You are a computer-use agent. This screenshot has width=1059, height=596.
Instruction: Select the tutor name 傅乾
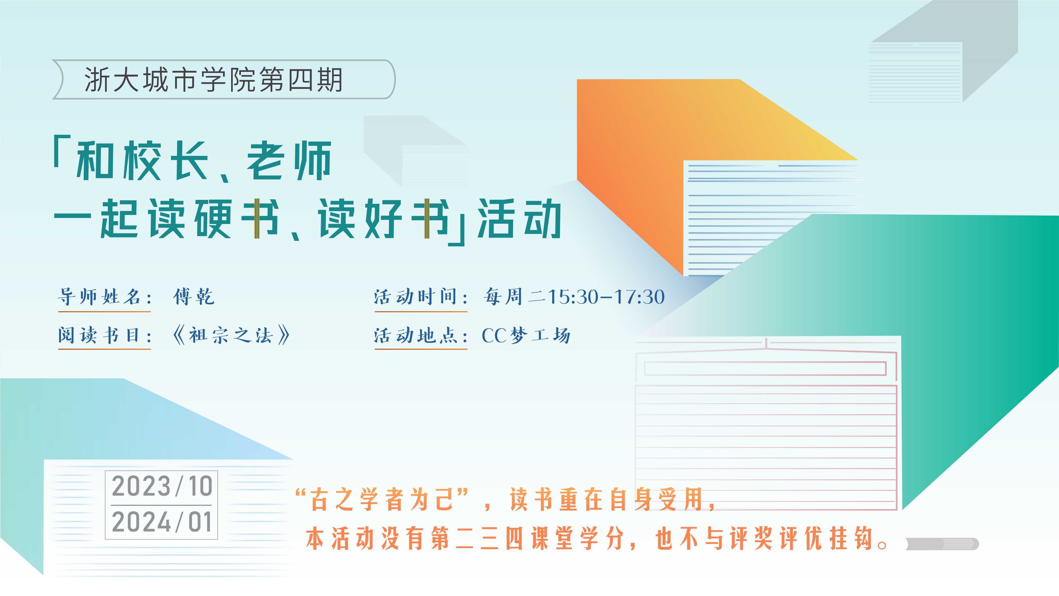tap(194, 297)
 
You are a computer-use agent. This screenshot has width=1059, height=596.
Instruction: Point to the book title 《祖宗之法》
tap(231, 335)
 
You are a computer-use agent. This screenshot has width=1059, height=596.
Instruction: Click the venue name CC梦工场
tap(526, 335)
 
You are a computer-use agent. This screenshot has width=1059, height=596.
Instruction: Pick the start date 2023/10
tap(162, 486)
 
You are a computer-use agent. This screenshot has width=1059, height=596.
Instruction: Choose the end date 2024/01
tap(162, 522)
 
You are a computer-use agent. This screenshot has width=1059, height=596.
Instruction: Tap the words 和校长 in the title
tap(141, 160)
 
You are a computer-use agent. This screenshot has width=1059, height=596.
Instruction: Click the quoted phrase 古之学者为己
tap(382, 499)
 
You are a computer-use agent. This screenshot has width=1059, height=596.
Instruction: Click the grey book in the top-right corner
tap(944, 51)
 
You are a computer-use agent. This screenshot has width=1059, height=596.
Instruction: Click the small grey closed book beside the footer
tap(942, 544)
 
